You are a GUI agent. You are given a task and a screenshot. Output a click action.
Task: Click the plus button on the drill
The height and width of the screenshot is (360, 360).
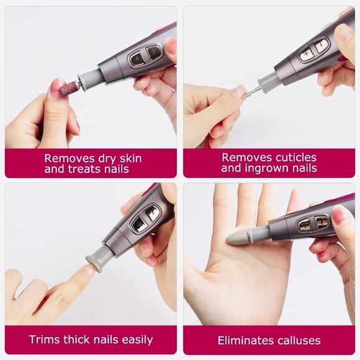click(306, 55)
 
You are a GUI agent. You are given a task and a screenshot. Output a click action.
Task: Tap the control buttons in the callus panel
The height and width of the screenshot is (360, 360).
click(313, 223)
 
